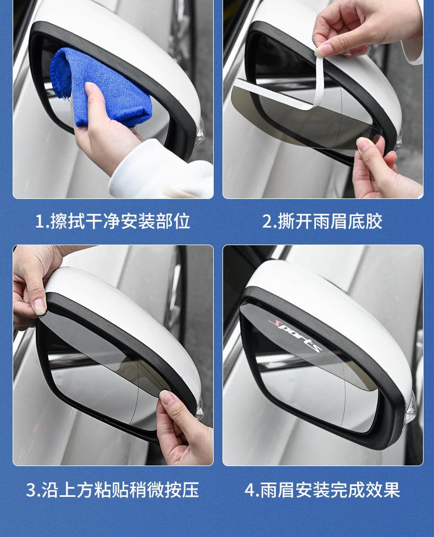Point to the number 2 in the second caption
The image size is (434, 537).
(x=267, y=222)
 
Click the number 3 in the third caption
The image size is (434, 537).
(x=31, y=490)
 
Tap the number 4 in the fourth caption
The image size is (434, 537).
(x=250, y=490)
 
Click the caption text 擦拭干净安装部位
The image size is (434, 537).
(x=120, y=221)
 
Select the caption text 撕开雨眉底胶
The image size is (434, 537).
(x=330, y=221)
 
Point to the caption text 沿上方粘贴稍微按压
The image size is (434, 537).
(x=120, y=490)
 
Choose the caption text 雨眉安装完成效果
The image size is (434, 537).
(x=330, y=490)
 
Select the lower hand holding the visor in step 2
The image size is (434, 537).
(x=383, y=168)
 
